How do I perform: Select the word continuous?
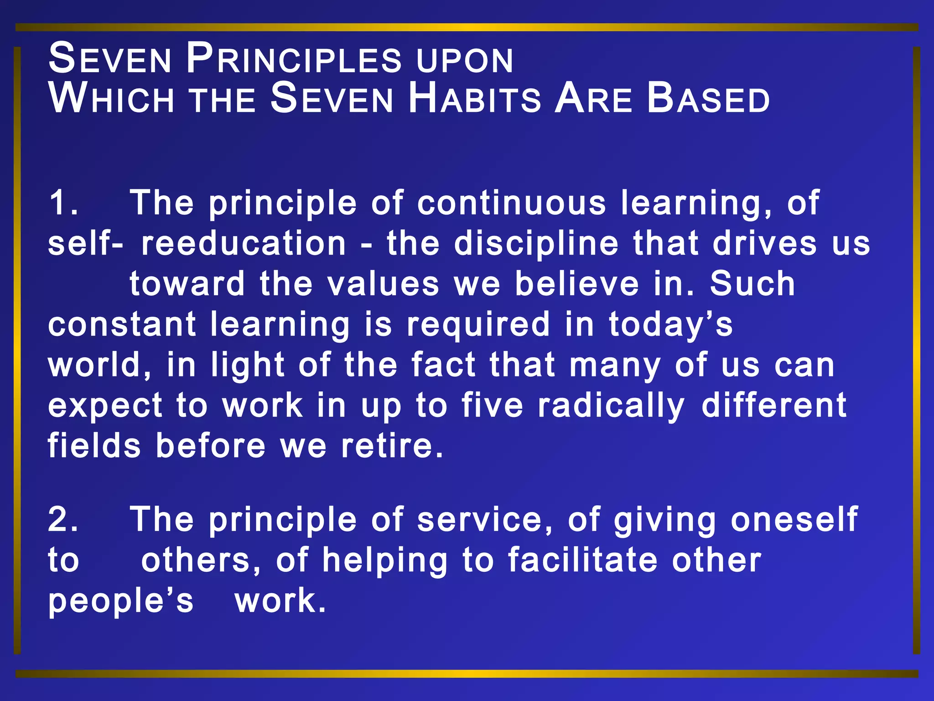point(511,203)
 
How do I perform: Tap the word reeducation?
point(244,243)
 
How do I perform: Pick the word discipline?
point(536,243)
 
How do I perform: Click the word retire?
point(392,446)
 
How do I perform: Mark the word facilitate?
point(583,560)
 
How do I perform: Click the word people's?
point(121,602)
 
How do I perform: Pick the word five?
point(492,405)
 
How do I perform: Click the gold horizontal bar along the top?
point(467,27)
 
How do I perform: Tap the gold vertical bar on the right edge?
point(917,350)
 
